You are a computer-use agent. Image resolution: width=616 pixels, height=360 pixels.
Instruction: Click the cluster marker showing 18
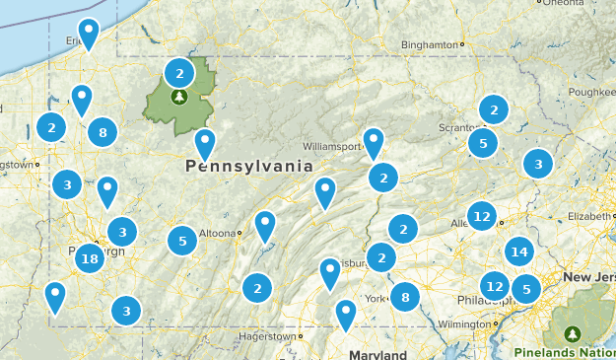pos(90,259)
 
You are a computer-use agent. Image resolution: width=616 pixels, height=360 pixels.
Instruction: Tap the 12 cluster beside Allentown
pos(482,215)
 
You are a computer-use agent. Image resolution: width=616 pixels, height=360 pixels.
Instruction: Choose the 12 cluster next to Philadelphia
pos(495,286)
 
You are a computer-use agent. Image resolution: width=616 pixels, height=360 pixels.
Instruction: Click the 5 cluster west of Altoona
pos(181,240)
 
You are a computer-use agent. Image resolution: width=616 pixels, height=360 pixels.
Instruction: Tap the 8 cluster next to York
pos(404,296)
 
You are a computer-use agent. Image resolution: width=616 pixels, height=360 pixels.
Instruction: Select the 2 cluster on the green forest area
pos(178,72)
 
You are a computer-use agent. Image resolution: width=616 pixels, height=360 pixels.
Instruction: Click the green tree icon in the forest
pos(179,97)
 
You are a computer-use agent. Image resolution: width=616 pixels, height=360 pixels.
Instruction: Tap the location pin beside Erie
pos(89,32)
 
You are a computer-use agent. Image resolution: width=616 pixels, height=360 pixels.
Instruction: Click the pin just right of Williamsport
pos(373,141)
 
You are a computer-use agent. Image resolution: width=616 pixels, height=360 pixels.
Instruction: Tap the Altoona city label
pos(216,233)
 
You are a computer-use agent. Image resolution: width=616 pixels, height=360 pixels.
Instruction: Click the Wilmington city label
pos(462,324)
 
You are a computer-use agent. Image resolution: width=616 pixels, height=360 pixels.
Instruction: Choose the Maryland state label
pos(377,354)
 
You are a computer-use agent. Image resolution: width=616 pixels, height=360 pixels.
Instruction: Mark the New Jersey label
pos(589,278)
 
